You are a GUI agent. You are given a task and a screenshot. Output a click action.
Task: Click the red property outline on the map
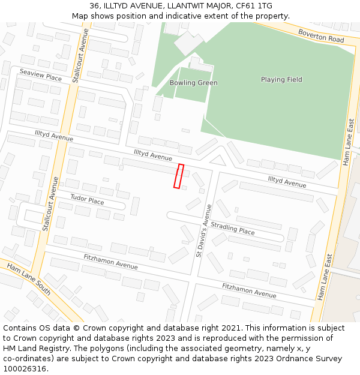[x=179, y=176]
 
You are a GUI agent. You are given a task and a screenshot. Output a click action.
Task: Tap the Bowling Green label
[x=193, y=83]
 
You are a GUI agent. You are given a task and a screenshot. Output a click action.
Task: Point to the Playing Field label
[x=281, y=79]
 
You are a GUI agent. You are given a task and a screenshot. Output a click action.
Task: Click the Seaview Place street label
[x=40, y=78]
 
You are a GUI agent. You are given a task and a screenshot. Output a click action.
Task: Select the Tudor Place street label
[x=87, y=199]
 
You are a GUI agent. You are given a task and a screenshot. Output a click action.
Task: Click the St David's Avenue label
[x=204, y=231]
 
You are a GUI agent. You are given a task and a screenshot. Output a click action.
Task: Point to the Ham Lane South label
[x=28, y=279]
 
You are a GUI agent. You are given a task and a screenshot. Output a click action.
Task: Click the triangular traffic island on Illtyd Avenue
[x=217, y=160]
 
